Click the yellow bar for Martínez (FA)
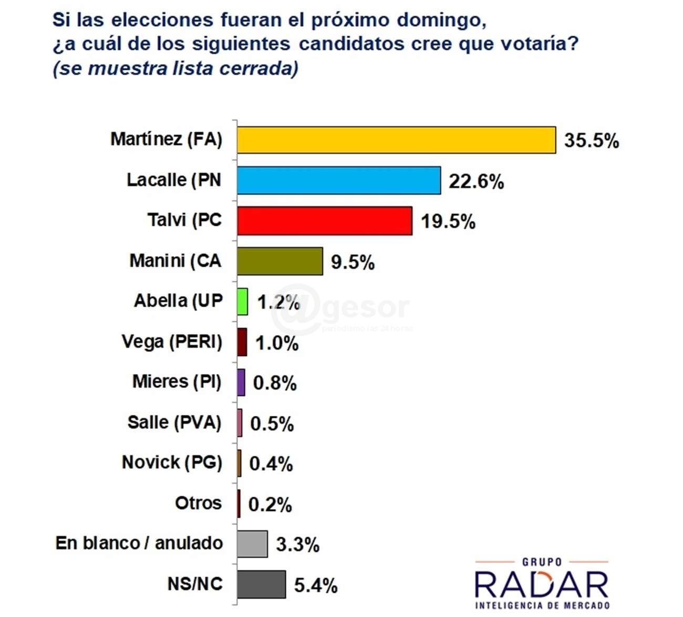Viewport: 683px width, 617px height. tap(396, 140)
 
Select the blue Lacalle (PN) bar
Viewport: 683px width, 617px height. tap(338, 181)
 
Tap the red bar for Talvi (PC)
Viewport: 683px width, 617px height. tap(324, 221)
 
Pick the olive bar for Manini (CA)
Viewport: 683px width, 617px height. tap(280, 262)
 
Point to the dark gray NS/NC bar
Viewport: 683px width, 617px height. tap(261, 584)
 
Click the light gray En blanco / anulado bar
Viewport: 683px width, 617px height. tap(252, 544)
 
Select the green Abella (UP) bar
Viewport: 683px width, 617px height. tap(242, 302)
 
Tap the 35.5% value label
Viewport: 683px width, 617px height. tap(592, 141)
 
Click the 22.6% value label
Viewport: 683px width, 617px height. tap(476, 182)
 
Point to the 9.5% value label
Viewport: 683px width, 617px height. tap(353, 262)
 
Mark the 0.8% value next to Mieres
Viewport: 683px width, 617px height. tap(275, 383)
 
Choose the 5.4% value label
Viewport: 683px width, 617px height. tap(315, 585)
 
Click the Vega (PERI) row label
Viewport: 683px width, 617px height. tap(172, 342)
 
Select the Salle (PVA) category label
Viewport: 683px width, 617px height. tap(174, 422)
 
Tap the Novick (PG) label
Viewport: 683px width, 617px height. tap(172, 463)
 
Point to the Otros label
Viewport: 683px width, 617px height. tap(198, 503)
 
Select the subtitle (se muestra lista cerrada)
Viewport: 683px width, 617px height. tap(175, 68)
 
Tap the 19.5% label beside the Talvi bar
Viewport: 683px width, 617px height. tap(448, 222)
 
